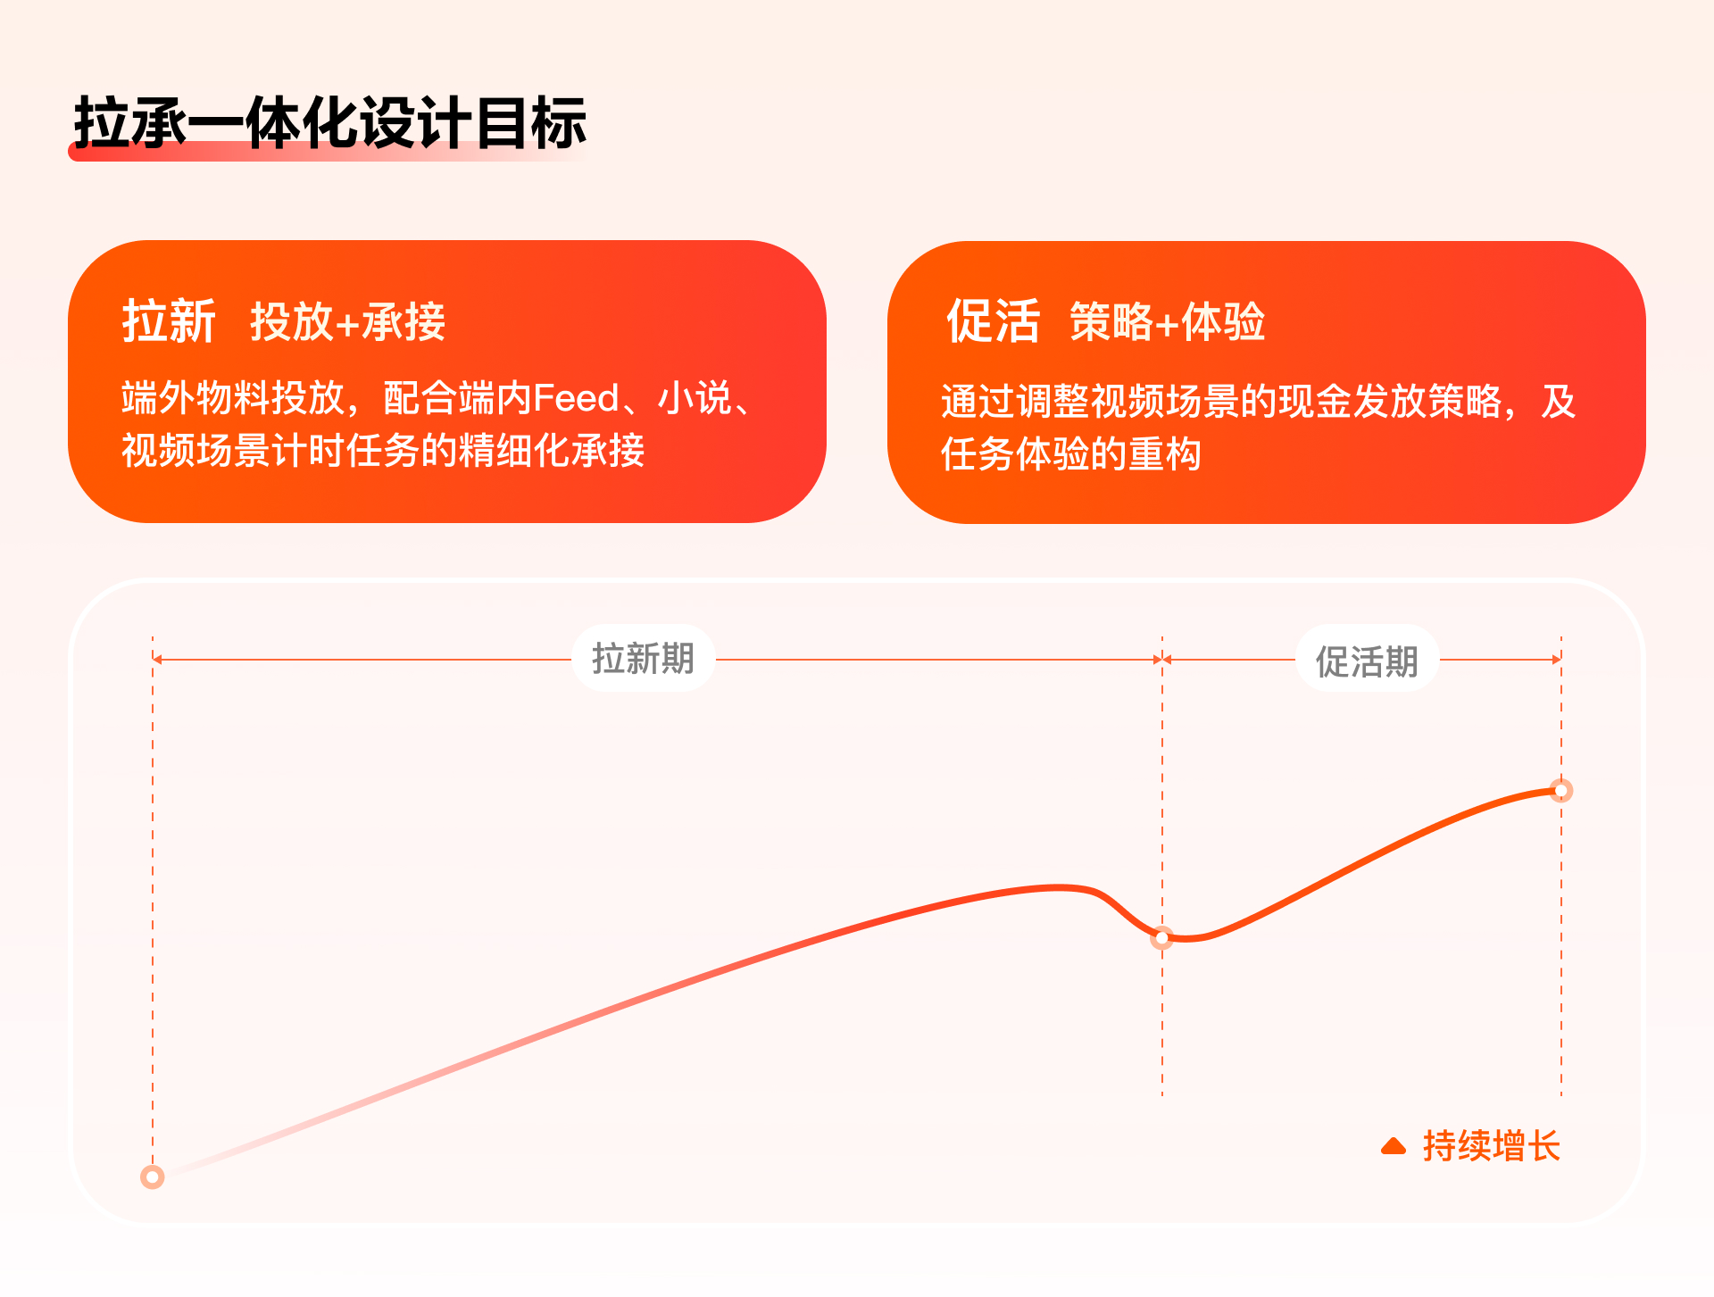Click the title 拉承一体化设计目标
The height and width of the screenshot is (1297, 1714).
(329, 122)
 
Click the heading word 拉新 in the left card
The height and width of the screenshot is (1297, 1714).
(169, 321)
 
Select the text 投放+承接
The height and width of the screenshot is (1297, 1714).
(347, 322)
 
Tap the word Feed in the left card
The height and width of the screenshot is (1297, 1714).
(576, 398)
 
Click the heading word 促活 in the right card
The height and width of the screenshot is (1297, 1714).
(993, 321)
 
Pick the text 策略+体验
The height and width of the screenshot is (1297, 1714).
(1167, 322)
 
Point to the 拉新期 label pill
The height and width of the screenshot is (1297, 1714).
(643, 659)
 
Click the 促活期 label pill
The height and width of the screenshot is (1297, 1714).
(1366, 661)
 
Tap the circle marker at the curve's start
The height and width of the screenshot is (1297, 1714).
(153, 1177)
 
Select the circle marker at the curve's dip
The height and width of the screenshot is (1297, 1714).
(1161, 938)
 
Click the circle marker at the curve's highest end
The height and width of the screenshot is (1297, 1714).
(1561, 791)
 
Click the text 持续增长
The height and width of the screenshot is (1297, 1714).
(1491, 1146)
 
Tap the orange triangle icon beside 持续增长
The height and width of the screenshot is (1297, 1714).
(1393, 1146)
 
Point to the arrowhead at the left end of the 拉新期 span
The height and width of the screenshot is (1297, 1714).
(157, 660)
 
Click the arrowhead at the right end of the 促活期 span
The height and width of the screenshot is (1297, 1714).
(1557, 660)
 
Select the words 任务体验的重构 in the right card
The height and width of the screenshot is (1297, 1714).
(1070, 454)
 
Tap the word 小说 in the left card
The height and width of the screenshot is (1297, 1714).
(695, 398)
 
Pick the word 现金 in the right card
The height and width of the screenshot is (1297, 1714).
(1315, 402)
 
